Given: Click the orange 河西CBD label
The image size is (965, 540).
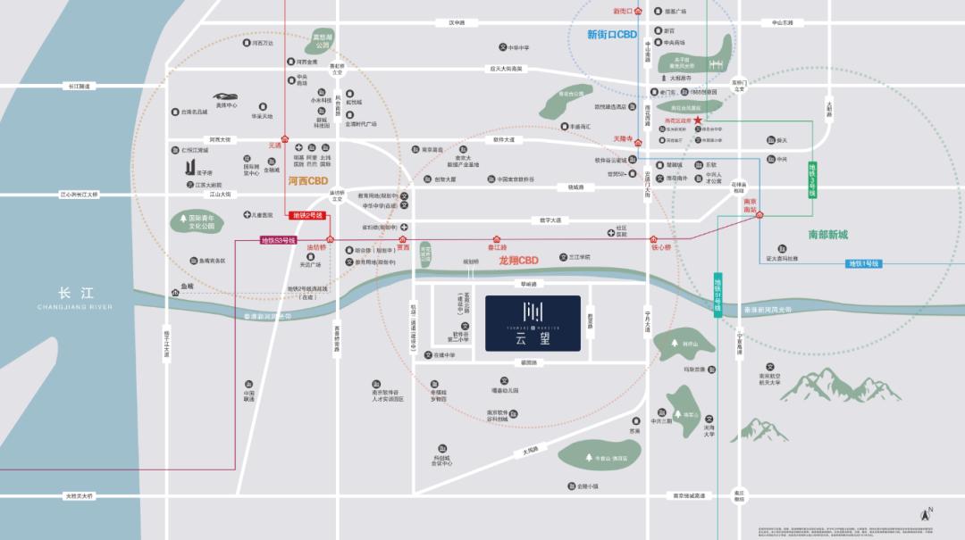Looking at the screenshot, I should (308, 179).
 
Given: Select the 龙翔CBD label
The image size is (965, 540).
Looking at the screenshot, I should (518, 261).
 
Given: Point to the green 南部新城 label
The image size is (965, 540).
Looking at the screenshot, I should (827, 235).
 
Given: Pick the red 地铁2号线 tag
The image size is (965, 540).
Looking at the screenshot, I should (307, 215).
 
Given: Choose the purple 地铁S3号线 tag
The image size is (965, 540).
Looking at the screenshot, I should (280, 240).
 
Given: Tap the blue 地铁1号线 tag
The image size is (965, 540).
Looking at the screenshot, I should (864, 263).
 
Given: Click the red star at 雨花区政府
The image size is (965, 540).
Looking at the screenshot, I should (698, 120).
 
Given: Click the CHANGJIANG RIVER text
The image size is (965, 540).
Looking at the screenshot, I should (76, 306).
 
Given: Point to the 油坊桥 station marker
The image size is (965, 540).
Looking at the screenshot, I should (330, 239).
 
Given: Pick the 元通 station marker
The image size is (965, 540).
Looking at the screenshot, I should (285, 141).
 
